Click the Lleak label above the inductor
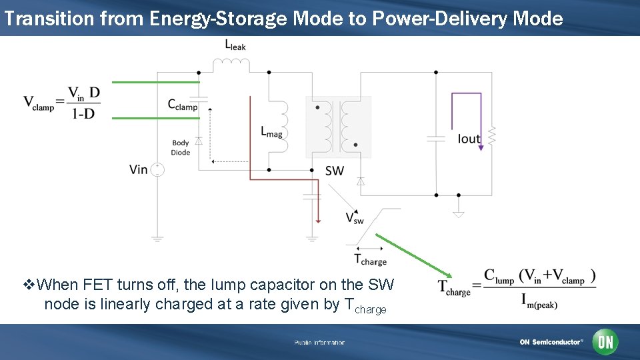235,45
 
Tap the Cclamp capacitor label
183,105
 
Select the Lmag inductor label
271,131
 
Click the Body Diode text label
181,147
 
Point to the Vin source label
139,169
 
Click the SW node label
335,171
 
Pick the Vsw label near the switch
355,218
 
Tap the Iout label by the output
469,139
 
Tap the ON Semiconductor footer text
551,342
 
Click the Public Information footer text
320,343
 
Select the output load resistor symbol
492,136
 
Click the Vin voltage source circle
157,169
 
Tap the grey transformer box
338,127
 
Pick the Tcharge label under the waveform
370,260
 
